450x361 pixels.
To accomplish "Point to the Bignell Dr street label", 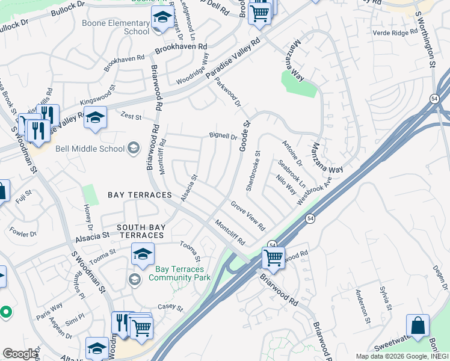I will pyautogui.click(x=223, y=137).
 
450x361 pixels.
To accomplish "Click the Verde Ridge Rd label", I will pyautogui.click(x=392, y=33).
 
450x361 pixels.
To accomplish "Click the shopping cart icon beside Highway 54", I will pyautogui.click(x=273, y=258).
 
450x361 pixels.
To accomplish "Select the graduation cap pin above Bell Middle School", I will pyautogui.click(x=95, y=119).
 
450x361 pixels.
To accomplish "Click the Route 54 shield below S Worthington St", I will pyautogui.click(x=433, y=98).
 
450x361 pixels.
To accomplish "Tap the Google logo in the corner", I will pyautogui.click(x=20, y=354).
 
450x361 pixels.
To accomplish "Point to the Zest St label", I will pyautogui.click(x=131, y=116).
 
